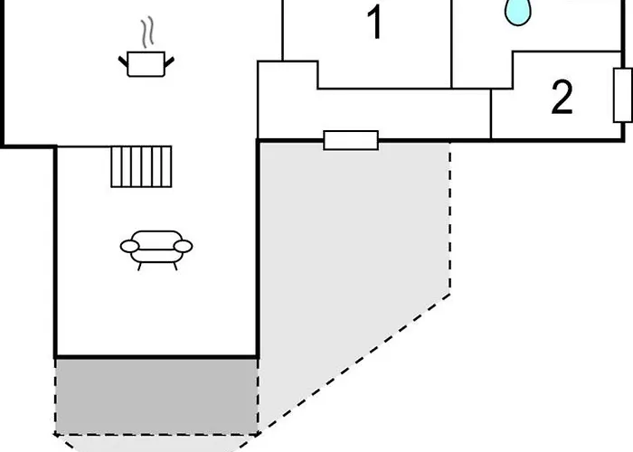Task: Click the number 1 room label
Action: pyautogui.click(x=375, y=23)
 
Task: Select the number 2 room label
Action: pyautogui.click(x=562, y=97)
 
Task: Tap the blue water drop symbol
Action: pyautogui.click(x=517, y=12)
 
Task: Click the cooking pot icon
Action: pyautogui.click(x=146, y=64)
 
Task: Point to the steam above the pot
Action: pyautogui.click(x=147, y=32)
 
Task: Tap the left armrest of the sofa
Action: pyautogui.click(x=129, y=246)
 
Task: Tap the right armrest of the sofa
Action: pyautogui.click(x=183, y=246)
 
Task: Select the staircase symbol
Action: pyautogui.click(x=141, y=166)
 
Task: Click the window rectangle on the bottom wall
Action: pyautogui.click(x=351, y=140)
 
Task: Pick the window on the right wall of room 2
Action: pyautogui.click(x=622, y=95)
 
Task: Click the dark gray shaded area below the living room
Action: pyautogui.click(x=156, y=396)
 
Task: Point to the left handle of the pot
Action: pyautogui.click(x=123, y=61)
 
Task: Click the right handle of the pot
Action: pyautogui.click(x=169, y=61)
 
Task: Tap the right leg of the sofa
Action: pyautogui.click(x=175, y=267)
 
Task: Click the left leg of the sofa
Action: pyautogui.click(x=139, y=267)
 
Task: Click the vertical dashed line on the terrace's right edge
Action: pyautogui.click(x=449, y=218)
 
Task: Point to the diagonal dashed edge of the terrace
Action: pyautogui.click(x=354, y=364)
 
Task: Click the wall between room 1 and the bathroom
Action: pyautogui.click(x=451, y=44)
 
